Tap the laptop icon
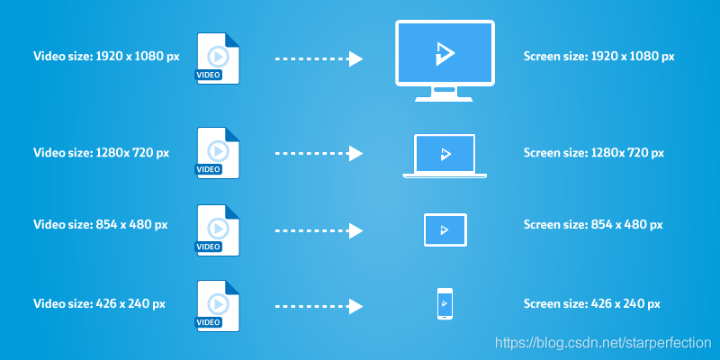(445, 156)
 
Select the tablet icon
(445, 230)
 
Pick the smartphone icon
(445, 303)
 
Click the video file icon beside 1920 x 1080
(218, 58)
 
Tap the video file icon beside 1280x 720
(218, 153)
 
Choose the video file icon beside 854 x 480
(218, 230)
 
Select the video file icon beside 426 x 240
(218, 306)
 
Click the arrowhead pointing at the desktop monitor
(355, 58)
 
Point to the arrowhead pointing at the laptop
(355, 153)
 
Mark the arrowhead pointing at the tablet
(355, 231)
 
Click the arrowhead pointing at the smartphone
(355, 306)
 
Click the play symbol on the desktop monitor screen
(445, 53)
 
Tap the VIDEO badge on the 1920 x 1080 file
(209, 75)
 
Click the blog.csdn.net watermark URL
(603, 343)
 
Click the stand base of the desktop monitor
(444, 99)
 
